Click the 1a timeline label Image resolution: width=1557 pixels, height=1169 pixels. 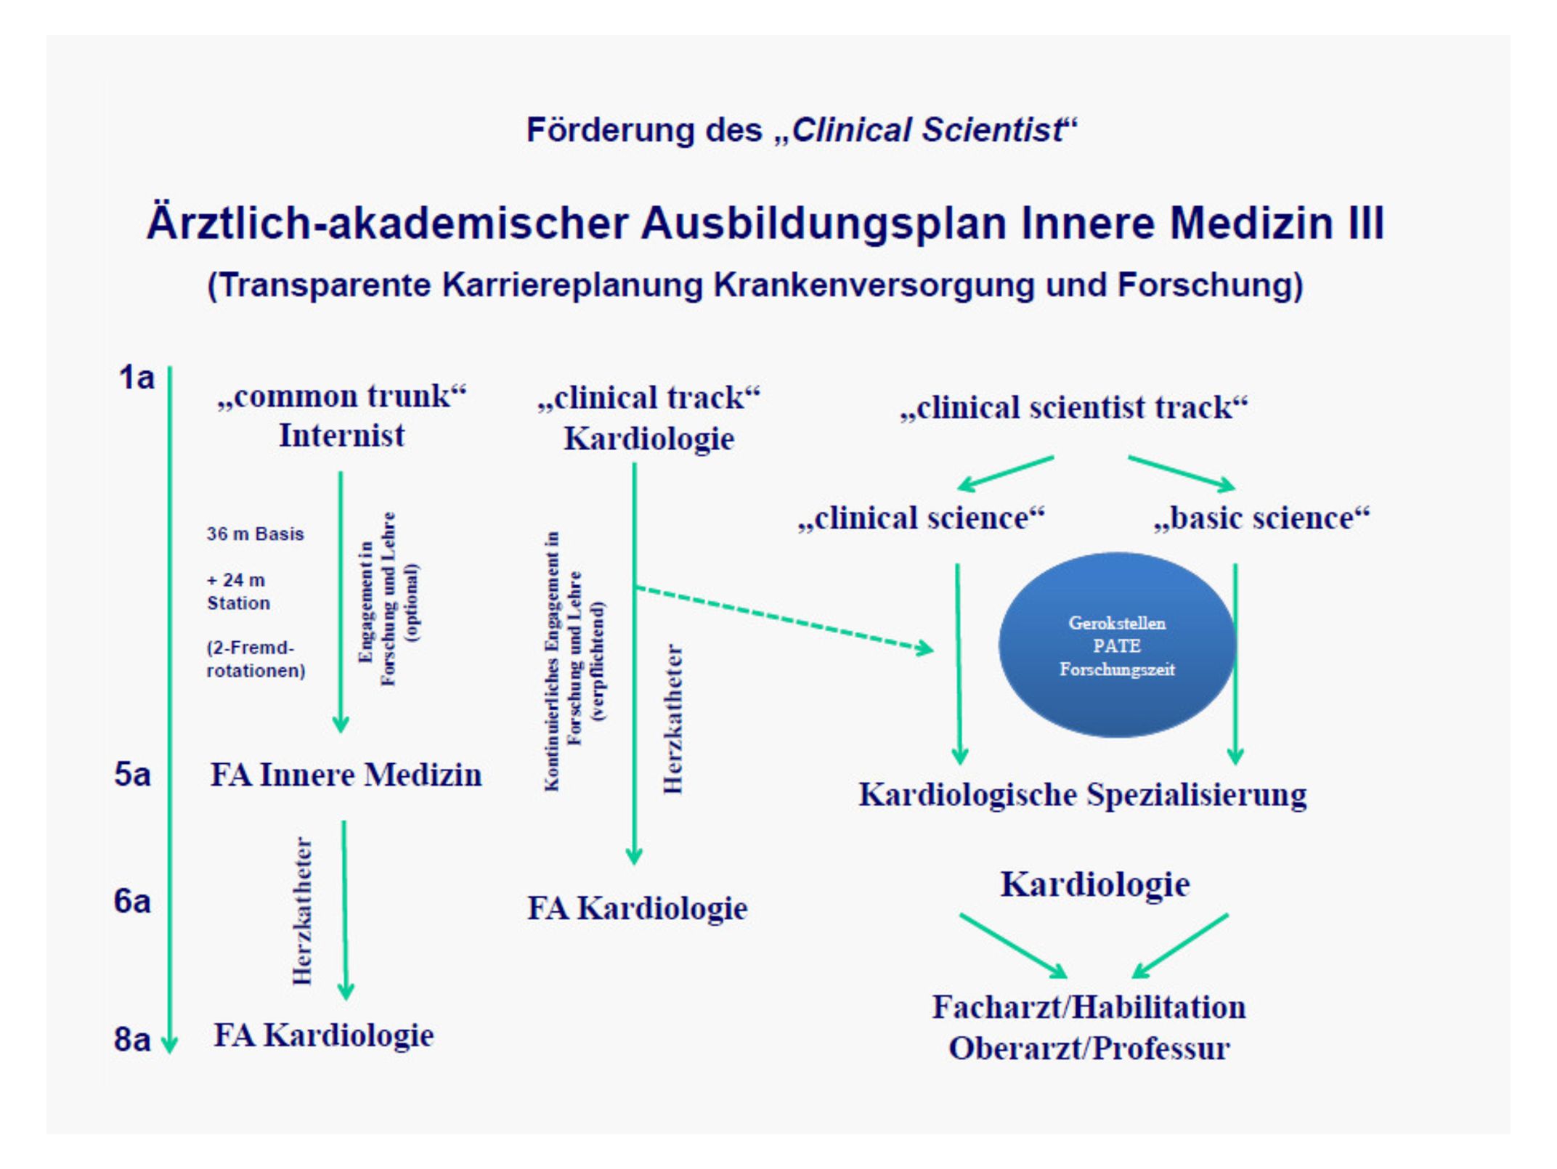click(x=137, y=378)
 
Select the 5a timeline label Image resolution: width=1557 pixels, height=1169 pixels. click(x=132, y=775)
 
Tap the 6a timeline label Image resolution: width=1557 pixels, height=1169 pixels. click(x=132, y=902)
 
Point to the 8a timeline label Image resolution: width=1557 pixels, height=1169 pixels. click(x=132, y=1040)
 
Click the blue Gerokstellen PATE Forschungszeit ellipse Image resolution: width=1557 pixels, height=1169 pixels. click(x=1116, y=645)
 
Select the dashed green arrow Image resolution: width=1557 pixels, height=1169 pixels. click(x=784, y=617)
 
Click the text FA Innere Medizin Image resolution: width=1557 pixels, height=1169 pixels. click(x=346, y=775)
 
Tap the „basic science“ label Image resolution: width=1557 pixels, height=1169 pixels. click(x=1261, y=518)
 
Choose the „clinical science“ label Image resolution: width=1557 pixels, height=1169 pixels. click(x=921, y=518)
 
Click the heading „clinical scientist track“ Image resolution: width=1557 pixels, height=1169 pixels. click(x=1073, y=407)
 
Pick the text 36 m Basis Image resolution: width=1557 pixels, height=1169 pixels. click(x=255, y=534)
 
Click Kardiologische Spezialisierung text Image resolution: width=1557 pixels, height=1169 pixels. click(x=1082, y=794)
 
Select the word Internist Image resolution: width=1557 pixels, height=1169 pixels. click(x=342, y=436)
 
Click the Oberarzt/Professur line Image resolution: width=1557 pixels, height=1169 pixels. click(x=1089, y=1048)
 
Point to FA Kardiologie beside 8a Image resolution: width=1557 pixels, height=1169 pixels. click(x=324, y=1035)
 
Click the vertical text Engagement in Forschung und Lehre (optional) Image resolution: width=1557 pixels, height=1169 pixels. click(x=389, y=599)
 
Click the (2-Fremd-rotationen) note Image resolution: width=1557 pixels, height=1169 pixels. click(x=256, y=659)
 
